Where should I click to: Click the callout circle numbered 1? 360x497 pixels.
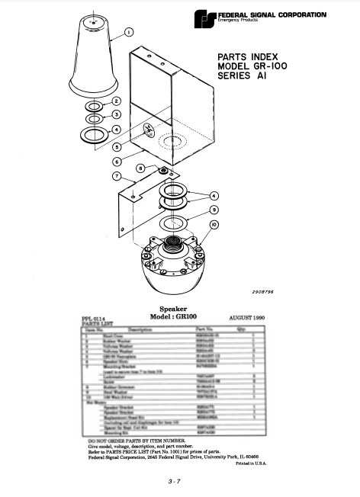(x=128, y=33)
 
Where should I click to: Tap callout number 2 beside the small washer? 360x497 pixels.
(x=116, y=101)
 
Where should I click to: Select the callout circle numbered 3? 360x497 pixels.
(x=116, y=114)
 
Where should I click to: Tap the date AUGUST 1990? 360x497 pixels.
(x=249, y=316)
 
